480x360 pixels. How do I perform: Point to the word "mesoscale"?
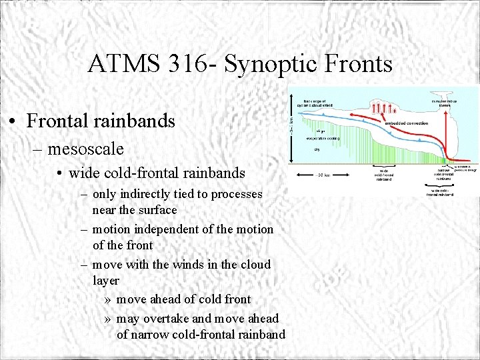(x=85, y=148)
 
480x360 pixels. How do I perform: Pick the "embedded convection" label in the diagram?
(x=406, y=123)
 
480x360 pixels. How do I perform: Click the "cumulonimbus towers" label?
(x=443, y=103)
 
